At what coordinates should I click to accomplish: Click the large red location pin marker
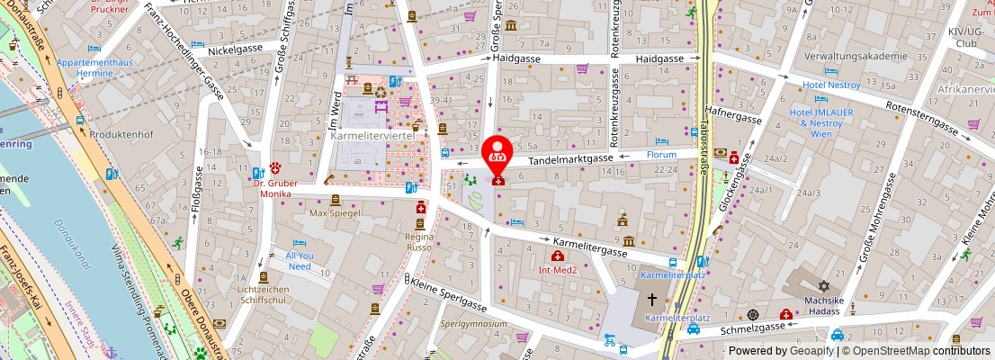click(496, 154)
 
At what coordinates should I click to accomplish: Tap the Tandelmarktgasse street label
click(569, 159)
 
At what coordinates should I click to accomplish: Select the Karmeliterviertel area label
click(372, 136)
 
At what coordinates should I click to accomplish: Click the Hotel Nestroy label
click(831, 85)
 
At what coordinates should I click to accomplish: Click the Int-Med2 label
click(558, 269)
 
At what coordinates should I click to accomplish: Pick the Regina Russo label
click(420, 236)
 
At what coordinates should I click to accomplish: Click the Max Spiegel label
click(335, 213)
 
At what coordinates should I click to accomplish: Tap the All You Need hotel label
click(300, 261)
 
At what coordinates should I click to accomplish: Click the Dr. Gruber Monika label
click(275, 187)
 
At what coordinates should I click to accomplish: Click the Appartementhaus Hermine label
click(94, 68)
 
